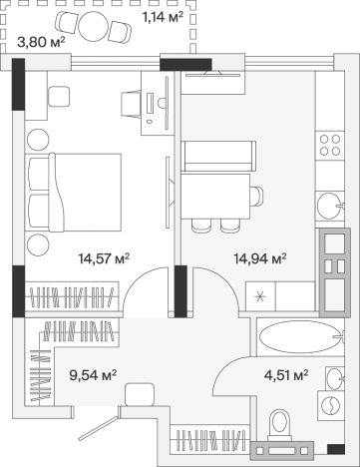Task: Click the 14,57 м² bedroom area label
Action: pyautogui.click(x=104, y=257)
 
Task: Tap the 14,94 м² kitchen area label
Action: pyautogui.click(x=260, y=257)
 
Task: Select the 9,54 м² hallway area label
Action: pyautogui.click(x=93, y=375)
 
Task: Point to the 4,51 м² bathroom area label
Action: pyautogui.click(x=286, y=375)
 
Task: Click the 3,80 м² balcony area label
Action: pyautogui.click(x=41, y=42)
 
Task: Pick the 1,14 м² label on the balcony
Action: pyautogui.click(x=163, y=16)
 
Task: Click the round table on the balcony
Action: pyautogui.click(x=94, y=27)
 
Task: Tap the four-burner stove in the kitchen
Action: pyautogui.click(x=330, y=146)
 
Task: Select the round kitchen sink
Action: pyautogui.click(x=330, y=206)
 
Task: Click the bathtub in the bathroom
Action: pyautogui.click(x=301, y=336)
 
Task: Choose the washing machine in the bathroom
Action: pyautogui.click(x=331, y=405)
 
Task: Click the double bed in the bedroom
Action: pyautogui.click(x=74, y=193)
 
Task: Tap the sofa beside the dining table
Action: pyautogui.click(x=218, y=156)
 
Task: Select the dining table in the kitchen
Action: pyautogui.click(x=215, y=196)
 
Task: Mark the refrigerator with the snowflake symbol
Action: pyautogui.click(x=260, y=296)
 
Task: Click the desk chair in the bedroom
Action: pyautogui.click(x=130, y=104)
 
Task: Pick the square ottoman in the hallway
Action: pyautogui.click(x=140, y=394)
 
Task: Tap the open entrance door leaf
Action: pyautogui.click(x=98, y=429)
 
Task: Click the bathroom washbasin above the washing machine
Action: pyautogui.click(x=334, y=378)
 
